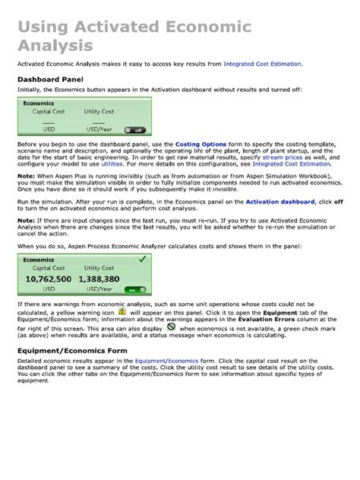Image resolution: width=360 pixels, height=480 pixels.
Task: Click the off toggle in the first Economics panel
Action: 134,130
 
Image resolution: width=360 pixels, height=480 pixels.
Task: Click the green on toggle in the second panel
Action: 134,290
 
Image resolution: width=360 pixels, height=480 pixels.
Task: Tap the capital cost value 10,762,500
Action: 49,279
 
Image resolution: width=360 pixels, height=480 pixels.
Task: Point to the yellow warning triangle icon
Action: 122,311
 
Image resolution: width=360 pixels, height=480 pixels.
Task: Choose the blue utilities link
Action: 112,164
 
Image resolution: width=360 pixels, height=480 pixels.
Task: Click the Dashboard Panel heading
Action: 50,79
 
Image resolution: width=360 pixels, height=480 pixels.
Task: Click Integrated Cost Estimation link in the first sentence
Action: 263,64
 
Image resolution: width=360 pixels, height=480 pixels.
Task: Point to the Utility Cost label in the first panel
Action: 99,112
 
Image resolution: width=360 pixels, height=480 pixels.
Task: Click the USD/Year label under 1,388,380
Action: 99,289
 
